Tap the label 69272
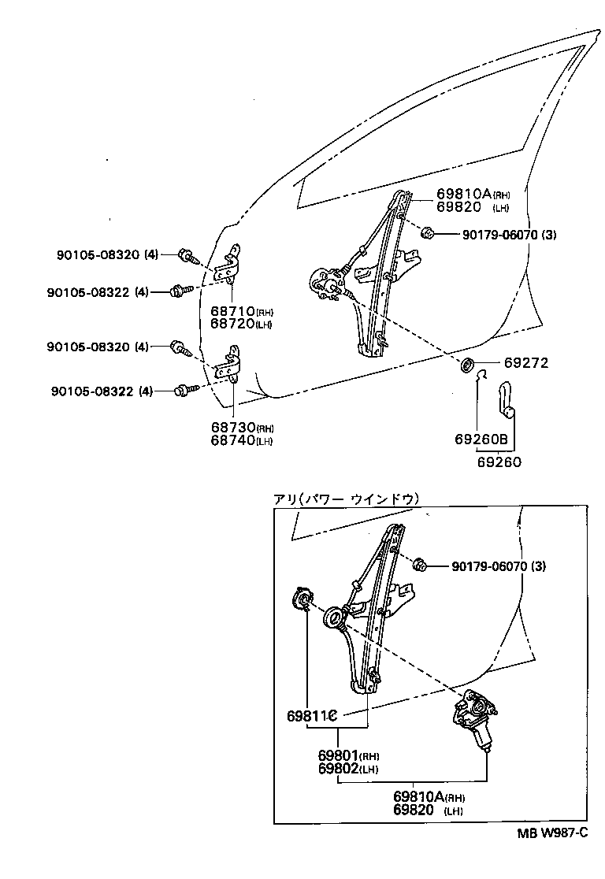pos(525,363)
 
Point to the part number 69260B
pos(480,439)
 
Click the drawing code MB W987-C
pos(552,835)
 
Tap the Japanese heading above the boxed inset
pos(346,499)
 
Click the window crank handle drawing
pos(506,401)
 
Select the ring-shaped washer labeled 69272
pos(466,365)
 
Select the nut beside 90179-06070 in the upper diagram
pos(429,232)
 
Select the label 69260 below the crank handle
pos(499,462)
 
